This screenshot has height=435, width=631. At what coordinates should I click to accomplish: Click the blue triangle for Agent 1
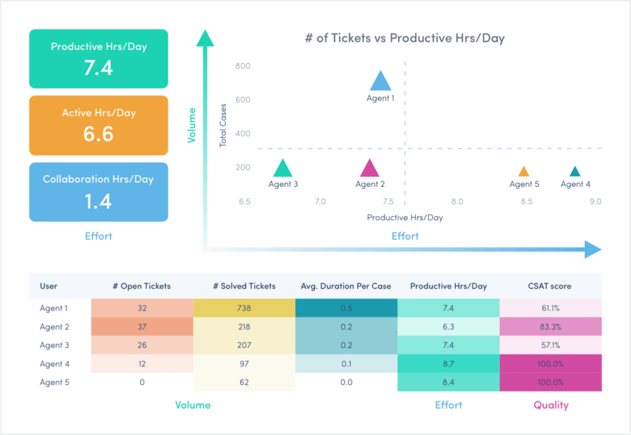click(x=380, y=81)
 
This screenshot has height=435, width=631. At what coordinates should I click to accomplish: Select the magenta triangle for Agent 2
click(x=370, y=168)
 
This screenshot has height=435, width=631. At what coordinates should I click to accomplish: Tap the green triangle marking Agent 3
click(x=282, y=168)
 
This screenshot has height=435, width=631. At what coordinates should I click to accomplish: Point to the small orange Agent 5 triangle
click(x=524, y=172)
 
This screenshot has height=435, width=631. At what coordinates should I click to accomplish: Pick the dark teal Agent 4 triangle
click(x=575, y=172)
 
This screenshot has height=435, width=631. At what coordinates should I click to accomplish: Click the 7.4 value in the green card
click(x=99, y=67)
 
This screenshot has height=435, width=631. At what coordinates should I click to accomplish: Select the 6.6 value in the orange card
click(x=99, y=134)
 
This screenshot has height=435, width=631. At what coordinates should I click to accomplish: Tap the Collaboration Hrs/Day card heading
click(x=99, y=180)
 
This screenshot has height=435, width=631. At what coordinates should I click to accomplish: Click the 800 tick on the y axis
click(x=243, y=66)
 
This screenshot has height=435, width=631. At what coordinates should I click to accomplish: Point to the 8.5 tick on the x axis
click(x=526, y=202)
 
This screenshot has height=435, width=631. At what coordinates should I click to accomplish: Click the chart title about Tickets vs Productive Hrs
click(x=405, y=38)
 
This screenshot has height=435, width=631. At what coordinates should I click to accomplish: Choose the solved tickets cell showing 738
click(x=244, y=309)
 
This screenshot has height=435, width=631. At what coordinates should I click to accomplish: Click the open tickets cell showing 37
click(x=142, y=327)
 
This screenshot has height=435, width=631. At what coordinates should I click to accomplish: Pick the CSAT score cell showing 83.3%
click(x=550, y=327)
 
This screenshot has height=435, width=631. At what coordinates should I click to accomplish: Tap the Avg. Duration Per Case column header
click(x=346, y=286)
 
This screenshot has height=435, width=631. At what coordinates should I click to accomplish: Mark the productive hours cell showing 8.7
click(x=448, y=364)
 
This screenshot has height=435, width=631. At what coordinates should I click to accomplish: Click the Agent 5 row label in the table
click(x=55, y=383)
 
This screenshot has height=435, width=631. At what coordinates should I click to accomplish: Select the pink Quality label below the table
click(x=550, y=405)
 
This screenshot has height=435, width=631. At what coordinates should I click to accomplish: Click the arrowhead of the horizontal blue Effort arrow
click(x=593, y=249)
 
